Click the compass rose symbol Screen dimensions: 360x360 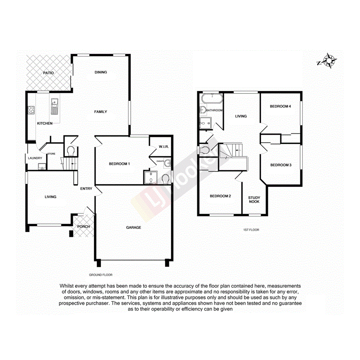(x=329, y=61)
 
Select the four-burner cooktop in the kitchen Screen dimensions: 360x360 (x=31, y=110)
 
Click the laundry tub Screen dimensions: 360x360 (x=41, y=166)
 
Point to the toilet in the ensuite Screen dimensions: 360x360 (x=165, y=179)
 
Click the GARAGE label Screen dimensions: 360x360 (x=134, y=228)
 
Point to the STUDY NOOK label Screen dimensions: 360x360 (x=254, y=200)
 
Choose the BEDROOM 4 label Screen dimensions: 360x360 (x=280, y=106)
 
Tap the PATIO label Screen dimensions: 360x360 (x=48, y=73)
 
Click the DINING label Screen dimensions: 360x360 (x=100, y=72)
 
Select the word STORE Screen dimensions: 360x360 (x=51, y=154)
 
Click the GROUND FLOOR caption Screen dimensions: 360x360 (x=100, y=275)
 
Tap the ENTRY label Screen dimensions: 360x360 (x=86, y=188)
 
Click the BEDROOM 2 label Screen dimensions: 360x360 (x=220, y=196)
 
